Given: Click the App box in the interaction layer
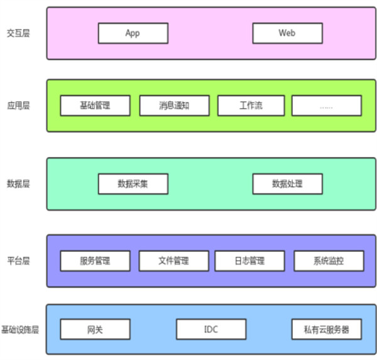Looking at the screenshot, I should tap(133, 33).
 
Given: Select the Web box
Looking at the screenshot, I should tap(287, 33).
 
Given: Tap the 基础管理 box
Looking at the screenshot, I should tap(96, 106).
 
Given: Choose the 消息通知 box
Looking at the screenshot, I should tap(174, 106).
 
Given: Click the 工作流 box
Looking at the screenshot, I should tap(251, 106).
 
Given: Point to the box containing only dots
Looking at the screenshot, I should tap(327, 106).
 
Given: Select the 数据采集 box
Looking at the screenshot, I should tap(133, 183).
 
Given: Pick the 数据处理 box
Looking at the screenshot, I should tap(287, 183).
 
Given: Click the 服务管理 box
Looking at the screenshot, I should tap(96, 260).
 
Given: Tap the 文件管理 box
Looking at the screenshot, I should tap(173, 260).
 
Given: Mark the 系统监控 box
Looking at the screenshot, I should tap(328, 260).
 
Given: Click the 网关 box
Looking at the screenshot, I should tap(96, 329).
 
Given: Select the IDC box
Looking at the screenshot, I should tap(211, 329).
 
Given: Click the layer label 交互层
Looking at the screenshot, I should tap(18, 33).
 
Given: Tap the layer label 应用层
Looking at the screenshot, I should tap(18, 106).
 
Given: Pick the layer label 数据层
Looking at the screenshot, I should tap(18, 183).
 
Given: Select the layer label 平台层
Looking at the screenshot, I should tap(18, 260).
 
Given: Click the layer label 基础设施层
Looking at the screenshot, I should tap(20, 329).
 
